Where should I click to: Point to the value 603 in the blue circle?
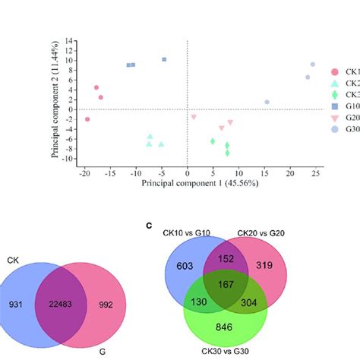tap(185, 267)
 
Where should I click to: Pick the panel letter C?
tap(150, 226)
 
